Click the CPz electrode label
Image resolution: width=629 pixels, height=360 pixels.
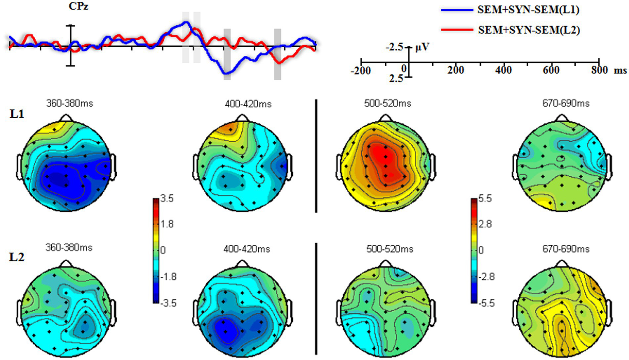[78, 7]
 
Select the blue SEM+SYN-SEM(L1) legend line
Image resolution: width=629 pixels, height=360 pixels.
[457, 10]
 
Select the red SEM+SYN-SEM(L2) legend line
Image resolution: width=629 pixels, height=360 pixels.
[457, 30]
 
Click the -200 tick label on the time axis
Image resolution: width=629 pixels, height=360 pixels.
[361, 71]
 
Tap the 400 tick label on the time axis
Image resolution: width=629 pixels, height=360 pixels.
[503, 70]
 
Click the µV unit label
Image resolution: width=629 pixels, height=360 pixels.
[422, 47]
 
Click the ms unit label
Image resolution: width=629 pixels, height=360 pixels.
[620, 71]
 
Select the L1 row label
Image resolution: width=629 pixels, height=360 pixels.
[17, 114]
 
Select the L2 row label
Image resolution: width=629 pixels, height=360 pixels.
[17, 257]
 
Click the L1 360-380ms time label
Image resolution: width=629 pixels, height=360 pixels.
[70, 103]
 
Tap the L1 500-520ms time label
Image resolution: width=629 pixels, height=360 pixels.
[388, 103]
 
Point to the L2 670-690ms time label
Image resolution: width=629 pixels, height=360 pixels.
[566, 249]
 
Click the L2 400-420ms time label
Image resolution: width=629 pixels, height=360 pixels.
[247, 249]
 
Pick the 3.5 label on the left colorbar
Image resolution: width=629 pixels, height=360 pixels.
[167, 199]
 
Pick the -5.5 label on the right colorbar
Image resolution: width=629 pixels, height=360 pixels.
[486, 303]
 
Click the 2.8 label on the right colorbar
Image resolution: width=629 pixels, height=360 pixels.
[485, 224]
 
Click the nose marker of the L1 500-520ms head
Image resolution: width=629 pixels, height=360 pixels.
[385, 118]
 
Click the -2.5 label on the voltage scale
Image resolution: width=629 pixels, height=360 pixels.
[394, 47]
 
